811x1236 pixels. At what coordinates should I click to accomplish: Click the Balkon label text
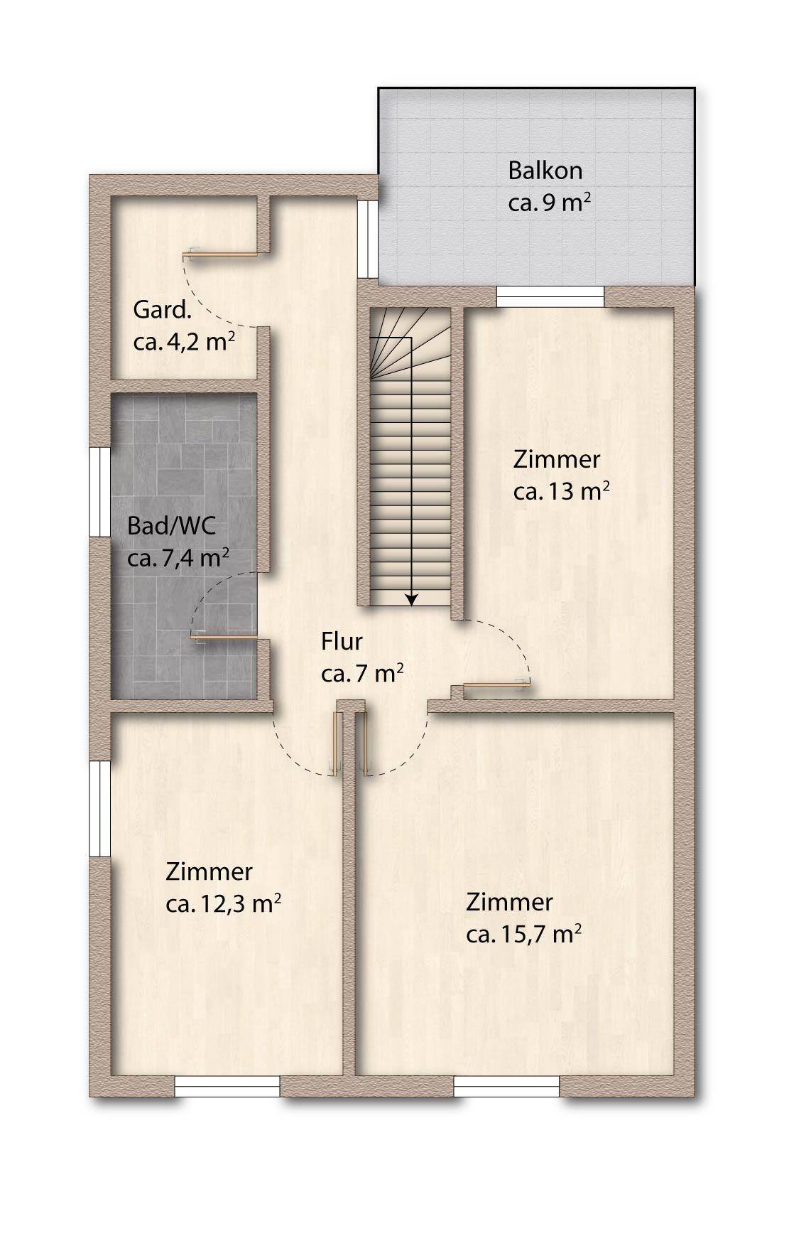[x=545, y=171]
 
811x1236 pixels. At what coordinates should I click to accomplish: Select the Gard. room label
[x=163, y=311]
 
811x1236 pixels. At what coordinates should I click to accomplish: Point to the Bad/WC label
[x=171, y=527]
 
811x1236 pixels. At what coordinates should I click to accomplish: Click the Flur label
[x=342, y=641]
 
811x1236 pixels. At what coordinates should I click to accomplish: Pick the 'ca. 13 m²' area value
[x=561, y=491]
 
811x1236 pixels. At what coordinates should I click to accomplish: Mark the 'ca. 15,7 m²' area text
[x=524, y=934]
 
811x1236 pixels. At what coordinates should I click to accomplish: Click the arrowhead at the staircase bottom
[x=410, y=600]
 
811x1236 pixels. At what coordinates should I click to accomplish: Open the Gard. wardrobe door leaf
[x=222, y=253]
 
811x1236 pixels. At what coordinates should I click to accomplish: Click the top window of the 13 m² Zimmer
[x=550, y=296]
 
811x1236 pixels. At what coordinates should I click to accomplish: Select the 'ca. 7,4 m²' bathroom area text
[x=178, y=558]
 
